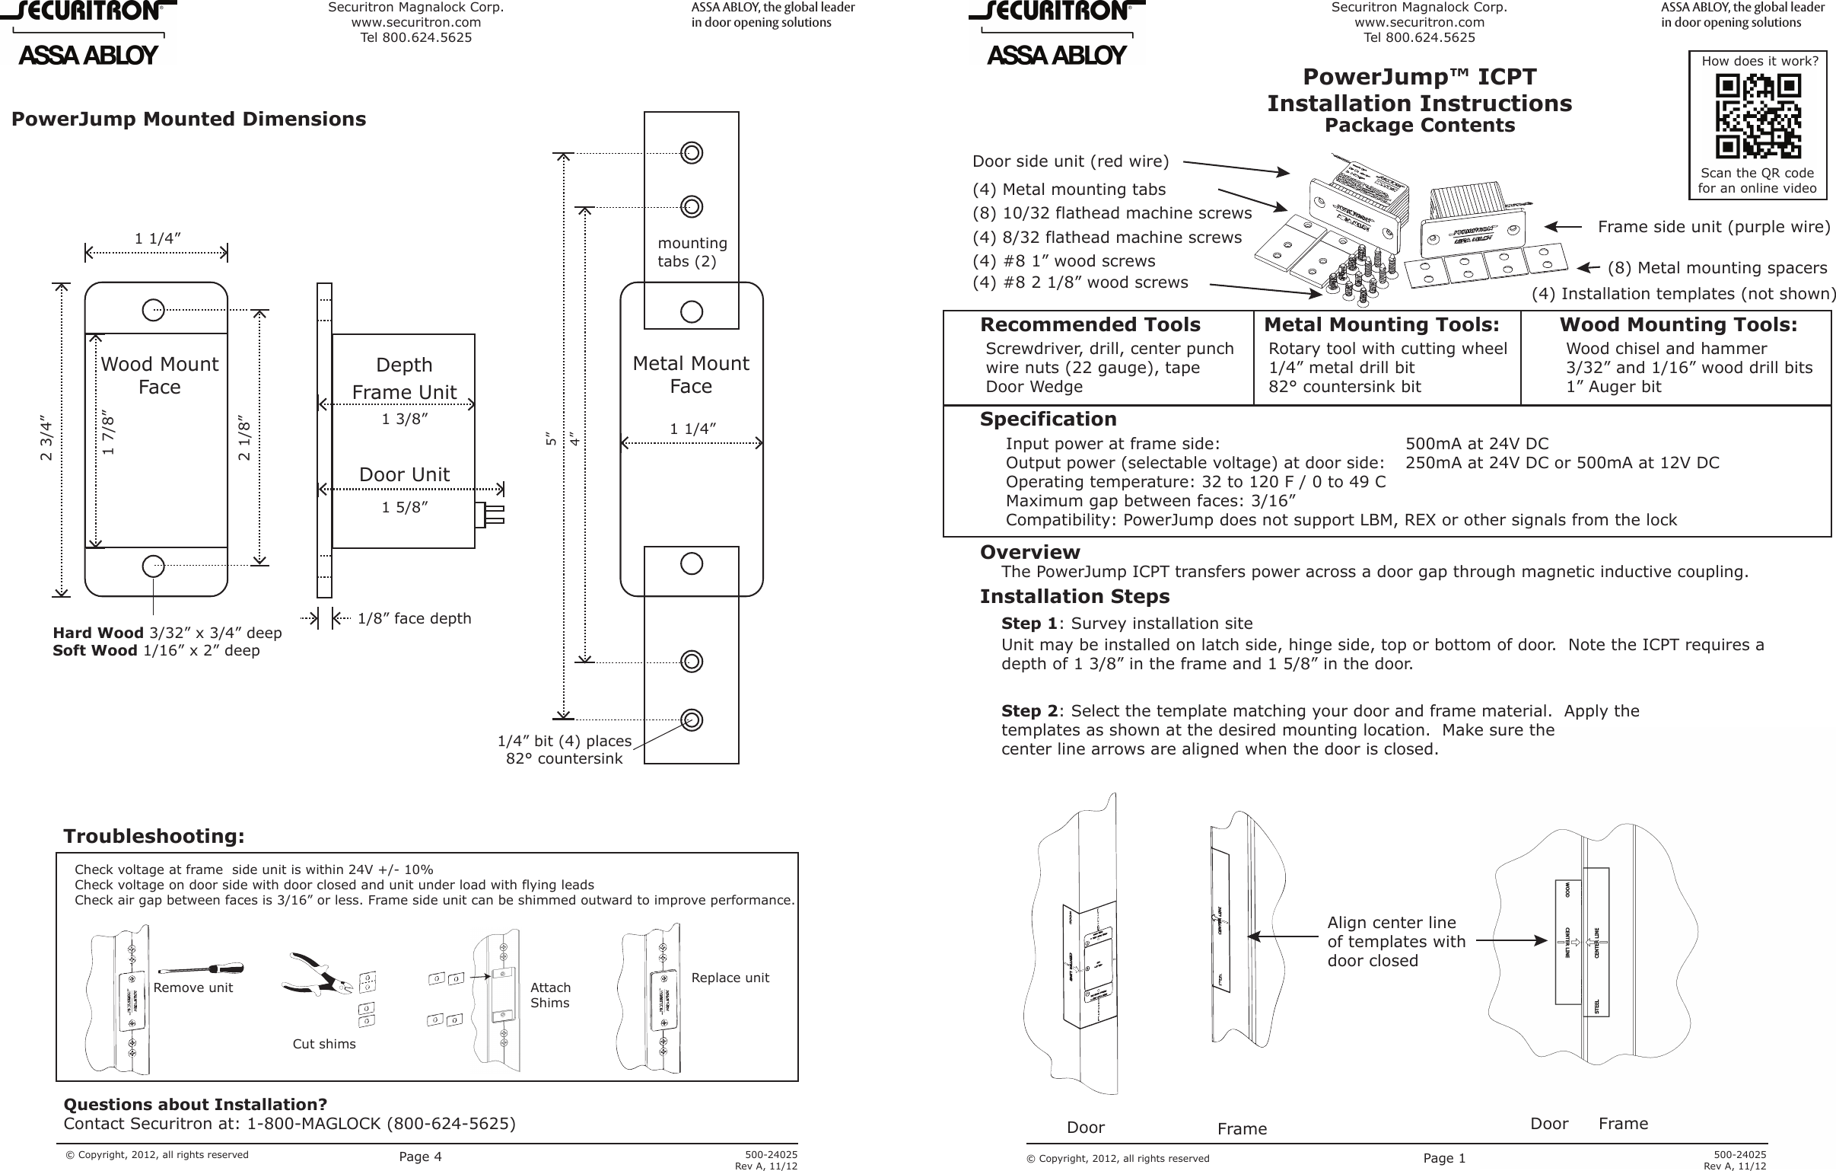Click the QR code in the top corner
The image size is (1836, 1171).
point(1758,115)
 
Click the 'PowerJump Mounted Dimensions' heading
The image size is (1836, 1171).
point(189,119)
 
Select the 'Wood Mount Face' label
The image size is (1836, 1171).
point(159,375)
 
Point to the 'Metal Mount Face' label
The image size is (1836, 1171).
point(691,375)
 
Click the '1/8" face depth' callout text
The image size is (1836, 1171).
point(414,619)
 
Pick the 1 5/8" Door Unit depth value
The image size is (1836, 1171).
point(404,507)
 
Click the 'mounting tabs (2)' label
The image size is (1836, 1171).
point(692,252)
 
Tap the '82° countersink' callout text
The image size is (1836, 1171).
point(565,759)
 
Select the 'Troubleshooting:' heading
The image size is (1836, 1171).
point(154,836)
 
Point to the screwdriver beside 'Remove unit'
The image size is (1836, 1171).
point(201,969)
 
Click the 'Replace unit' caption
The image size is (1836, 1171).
point(730,978)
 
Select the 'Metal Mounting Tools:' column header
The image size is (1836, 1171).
point(1382,325)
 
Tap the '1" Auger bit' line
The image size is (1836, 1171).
point(1613,387)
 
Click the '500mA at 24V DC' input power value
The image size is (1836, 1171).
point(1477,444)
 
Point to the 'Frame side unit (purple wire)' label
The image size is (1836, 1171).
point(1713,227)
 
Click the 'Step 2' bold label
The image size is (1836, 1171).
point(1029,711)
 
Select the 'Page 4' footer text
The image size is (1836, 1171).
point(420,1157)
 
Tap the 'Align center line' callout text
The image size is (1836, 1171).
point(1392,923)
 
